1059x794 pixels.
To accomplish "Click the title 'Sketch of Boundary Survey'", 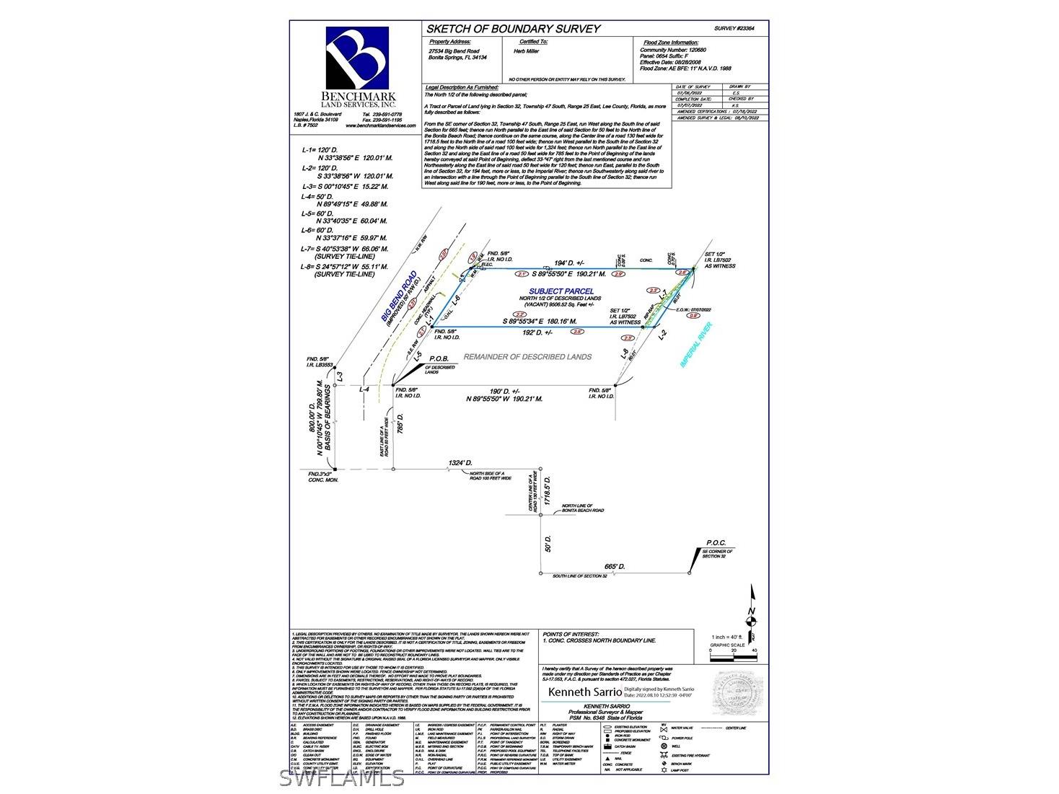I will (x=513, y=29).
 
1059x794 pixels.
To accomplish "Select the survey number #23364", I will (x=734, y=28).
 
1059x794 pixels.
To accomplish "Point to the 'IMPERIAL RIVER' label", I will (x=696, y=345).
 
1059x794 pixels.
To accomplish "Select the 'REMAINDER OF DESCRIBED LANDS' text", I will (x=527, y=357).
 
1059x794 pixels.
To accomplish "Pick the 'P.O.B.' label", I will (x=439, y=358).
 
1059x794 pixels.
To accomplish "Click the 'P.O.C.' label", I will (x=716, y=543).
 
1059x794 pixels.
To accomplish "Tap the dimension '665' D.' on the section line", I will (x=615, y=567).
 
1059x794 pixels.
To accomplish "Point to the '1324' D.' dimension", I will (x=460, y=462).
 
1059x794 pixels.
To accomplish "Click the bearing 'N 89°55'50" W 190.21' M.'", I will (x=504, y=398).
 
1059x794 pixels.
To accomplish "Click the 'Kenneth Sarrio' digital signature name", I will (x=584, y=692).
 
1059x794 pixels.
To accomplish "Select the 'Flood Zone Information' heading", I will (x=670, y=43).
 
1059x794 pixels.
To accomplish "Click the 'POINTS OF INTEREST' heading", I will (x=571, y=633).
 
